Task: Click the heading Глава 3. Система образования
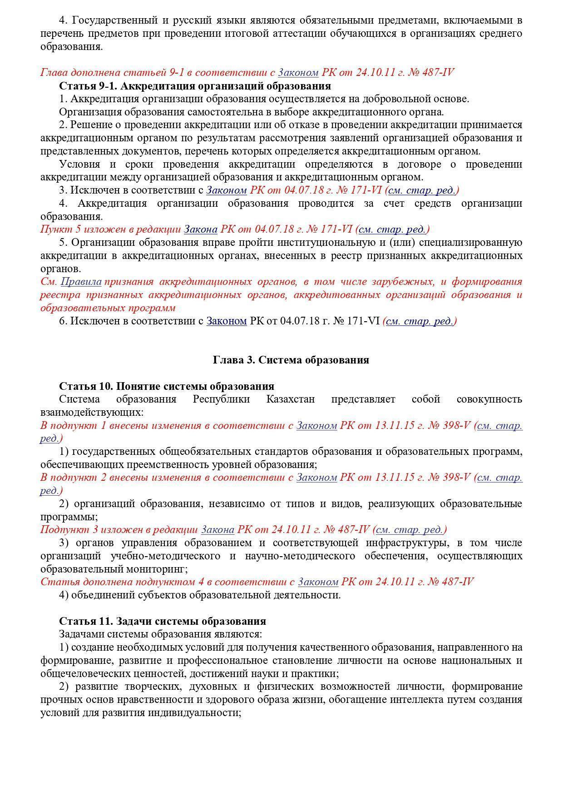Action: click(x=291, y=360)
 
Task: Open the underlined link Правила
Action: click(x=81, y=282)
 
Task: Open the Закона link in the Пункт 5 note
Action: click(x=200, y=229)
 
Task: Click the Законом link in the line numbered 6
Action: click(x=226, y=321)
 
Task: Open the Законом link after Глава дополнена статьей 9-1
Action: click(x=298, y=73)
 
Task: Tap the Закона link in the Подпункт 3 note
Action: click(x=217, y=530)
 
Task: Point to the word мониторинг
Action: click(x=161, y=569)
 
